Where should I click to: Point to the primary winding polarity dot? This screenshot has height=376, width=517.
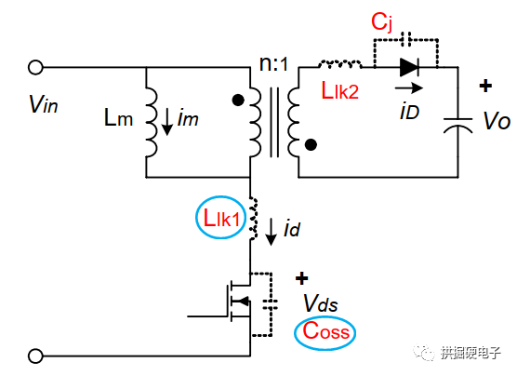(239, 100)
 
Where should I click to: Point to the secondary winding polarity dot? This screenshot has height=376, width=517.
(312, 144)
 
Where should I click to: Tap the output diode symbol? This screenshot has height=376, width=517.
(409, 67)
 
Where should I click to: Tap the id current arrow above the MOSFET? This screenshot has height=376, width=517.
(270, 235)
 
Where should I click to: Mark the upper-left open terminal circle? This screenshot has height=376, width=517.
(36, 67)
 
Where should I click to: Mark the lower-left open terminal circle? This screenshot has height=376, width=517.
(36, 355)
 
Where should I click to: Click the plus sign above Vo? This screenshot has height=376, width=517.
(484, 87)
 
